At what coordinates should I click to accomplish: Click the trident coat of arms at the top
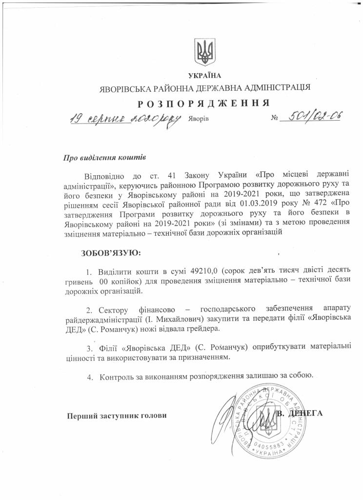(204, 52)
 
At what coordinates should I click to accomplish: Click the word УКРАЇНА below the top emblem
(204, 75)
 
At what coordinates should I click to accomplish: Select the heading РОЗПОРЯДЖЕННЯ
(204, 103)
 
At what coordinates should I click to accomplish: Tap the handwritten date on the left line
(124, 119)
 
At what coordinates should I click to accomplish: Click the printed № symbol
(274, 119)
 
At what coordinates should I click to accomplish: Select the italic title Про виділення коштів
(105, 158)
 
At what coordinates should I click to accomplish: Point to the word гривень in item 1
(79, 282)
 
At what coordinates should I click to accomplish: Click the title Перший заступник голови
(117, 415)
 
